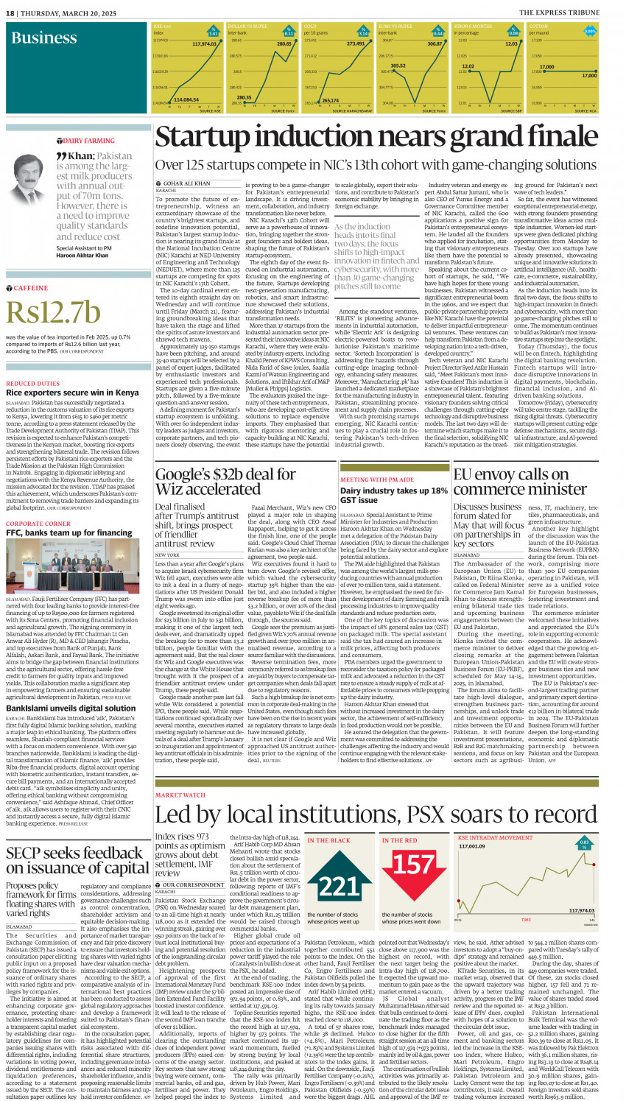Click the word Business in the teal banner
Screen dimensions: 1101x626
(43, 38)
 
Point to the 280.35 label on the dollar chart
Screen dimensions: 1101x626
(244, 97)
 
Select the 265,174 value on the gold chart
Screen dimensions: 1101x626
(331, 100)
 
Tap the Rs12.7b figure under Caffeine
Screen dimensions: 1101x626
(53, 312)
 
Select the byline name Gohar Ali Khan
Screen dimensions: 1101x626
(186, 183)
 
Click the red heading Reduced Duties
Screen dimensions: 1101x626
(33, 384)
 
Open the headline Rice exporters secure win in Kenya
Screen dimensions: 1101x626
(72, 393)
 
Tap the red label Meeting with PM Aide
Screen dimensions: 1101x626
(376, 479)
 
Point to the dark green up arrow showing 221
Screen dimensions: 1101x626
(339, 883)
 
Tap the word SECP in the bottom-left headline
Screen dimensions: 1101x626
(24, 854)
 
